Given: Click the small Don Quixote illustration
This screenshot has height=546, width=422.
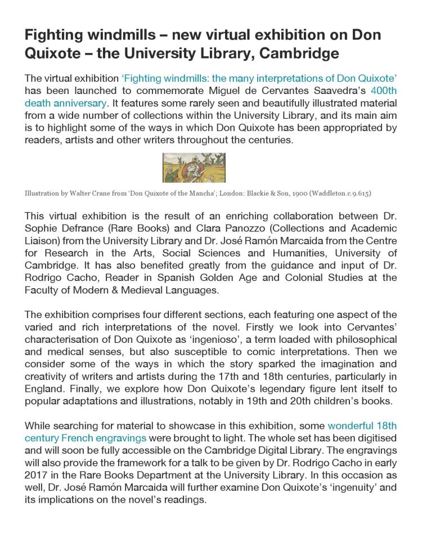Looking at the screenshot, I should (x=194, y=168).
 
